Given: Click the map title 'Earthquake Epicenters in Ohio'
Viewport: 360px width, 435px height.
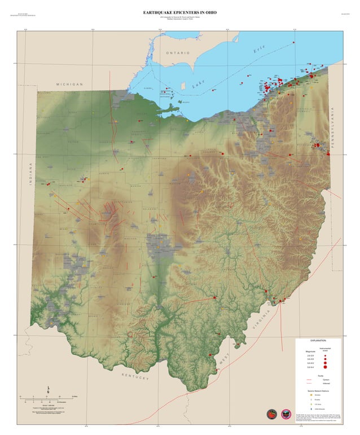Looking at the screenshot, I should coord(179,12).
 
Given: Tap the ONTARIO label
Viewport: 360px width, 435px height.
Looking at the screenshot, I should coord(178,52).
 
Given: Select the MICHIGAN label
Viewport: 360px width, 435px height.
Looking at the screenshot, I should coord(69,84).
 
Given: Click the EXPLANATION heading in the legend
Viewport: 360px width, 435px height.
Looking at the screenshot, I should coord(318,341).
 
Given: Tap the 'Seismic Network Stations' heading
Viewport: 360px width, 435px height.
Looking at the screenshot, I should coord(319,390).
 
